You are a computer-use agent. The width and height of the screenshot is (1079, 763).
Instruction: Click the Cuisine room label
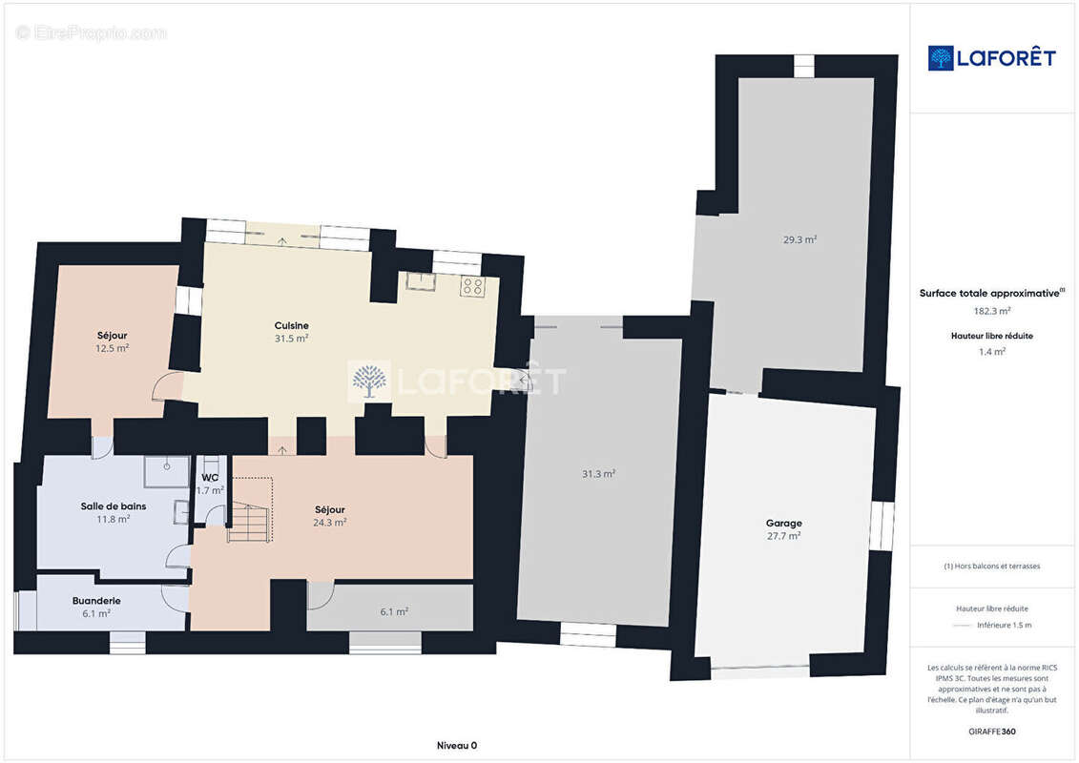(x=291, y=325)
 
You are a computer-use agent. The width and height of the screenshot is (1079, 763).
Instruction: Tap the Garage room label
(x=784, y=523)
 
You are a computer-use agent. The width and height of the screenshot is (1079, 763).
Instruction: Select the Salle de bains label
(x=114, y=506)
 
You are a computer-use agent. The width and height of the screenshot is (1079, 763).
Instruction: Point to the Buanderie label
(x=96, y=601)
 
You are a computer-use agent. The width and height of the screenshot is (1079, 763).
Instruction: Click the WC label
(x=210, y=478)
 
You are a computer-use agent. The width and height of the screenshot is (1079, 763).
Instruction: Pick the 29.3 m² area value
(x=799, y=239)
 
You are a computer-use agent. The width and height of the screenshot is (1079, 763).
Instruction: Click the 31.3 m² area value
(x=599, y=473)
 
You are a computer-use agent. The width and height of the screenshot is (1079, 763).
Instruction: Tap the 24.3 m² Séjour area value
(x=330, y=523)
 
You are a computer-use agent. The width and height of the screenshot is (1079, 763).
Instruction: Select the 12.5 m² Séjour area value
(x=113, y=348)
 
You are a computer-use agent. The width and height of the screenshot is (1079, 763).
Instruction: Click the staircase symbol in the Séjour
(x=251, y=510)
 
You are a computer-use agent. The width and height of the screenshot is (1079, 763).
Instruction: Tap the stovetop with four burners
(x=472, y=286)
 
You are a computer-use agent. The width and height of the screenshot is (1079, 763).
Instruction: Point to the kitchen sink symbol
(x=419, y=281)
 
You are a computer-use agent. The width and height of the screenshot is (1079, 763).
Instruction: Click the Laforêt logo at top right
(x=991, y=58)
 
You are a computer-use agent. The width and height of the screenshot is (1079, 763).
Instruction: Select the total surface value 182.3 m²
(x=991, y=311)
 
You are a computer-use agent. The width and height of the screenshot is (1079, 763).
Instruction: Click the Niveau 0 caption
(x=457, y=745)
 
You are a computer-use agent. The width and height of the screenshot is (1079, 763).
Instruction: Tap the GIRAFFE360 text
(x=991, y=732)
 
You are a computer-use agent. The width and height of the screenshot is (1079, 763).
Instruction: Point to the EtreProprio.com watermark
(x=92, y=32)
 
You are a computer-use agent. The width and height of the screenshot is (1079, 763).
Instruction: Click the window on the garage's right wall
(x=882, y=526)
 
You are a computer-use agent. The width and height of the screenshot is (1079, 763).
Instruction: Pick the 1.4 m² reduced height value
(x=991, y=352)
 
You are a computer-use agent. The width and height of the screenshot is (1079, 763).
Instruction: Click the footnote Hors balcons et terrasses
(x=991, y=567)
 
